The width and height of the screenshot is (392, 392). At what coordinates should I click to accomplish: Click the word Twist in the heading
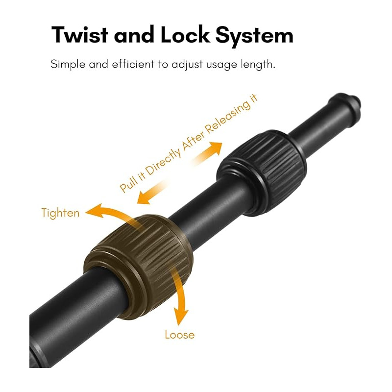point(79,34)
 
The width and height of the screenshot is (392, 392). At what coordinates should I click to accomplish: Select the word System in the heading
point(254,36)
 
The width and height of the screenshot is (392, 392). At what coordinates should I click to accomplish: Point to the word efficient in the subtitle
point(133,64)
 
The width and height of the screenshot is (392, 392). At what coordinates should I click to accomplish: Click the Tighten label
point(60,213)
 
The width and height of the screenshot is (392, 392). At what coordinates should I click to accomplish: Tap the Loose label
point(179,335)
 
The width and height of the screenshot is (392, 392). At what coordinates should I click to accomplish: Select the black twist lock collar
point(262,173)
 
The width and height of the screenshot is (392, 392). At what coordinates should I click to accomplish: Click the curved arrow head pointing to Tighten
point(95,211)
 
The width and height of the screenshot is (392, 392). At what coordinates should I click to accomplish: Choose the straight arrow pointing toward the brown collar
point(151,193)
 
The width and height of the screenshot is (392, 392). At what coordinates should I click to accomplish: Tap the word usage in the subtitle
point(221,65)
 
